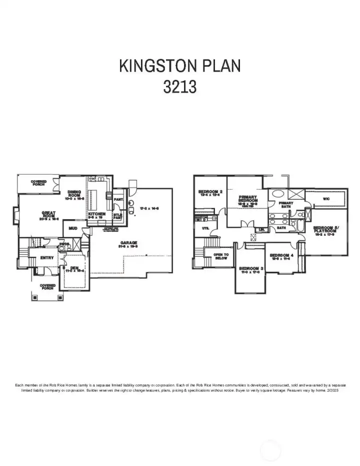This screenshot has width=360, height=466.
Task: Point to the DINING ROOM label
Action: click(x=74, y=194)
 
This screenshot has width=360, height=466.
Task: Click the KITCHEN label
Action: click(x=96, y=214)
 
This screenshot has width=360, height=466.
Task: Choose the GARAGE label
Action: click(x=128, y=243)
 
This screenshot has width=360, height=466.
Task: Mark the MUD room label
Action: click(x=73, y=228)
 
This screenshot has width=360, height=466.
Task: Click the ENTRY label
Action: click(x=47, y=258)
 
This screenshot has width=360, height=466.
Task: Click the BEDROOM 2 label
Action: click(x=210, y=192)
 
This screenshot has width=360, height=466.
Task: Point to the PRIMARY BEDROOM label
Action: click(x=248, y=199)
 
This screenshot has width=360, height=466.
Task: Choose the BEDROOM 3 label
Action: click(x=251, y=269)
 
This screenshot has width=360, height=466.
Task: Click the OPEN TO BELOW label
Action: click(x=221, y=256)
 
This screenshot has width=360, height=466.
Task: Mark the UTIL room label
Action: click(x=205, y=228)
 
